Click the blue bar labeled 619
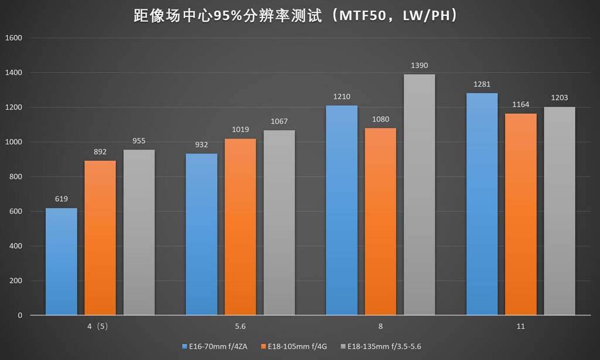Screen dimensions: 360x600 [61, 261]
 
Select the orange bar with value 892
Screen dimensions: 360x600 [100, 238]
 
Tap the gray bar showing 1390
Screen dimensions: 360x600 [419, 195]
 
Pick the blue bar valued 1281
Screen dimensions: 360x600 [482, 204]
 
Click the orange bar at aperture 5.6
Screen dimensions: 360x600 [240, 227]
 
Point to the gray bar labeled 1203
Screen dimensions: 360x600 [559, 211]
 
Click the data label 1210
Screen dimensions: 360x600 [341, 96]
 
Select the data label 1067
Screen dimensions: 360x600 [279, 121]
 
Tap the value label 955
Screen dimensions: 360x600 [139, 141]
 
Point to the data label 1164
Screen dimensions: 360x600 [520, 104]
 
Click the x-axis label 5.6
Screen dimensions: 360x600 [240, 326]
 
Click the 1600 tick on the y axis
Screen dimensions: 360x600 [13, 39]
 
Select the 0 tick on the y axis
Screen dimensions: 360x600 [20, 315]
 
